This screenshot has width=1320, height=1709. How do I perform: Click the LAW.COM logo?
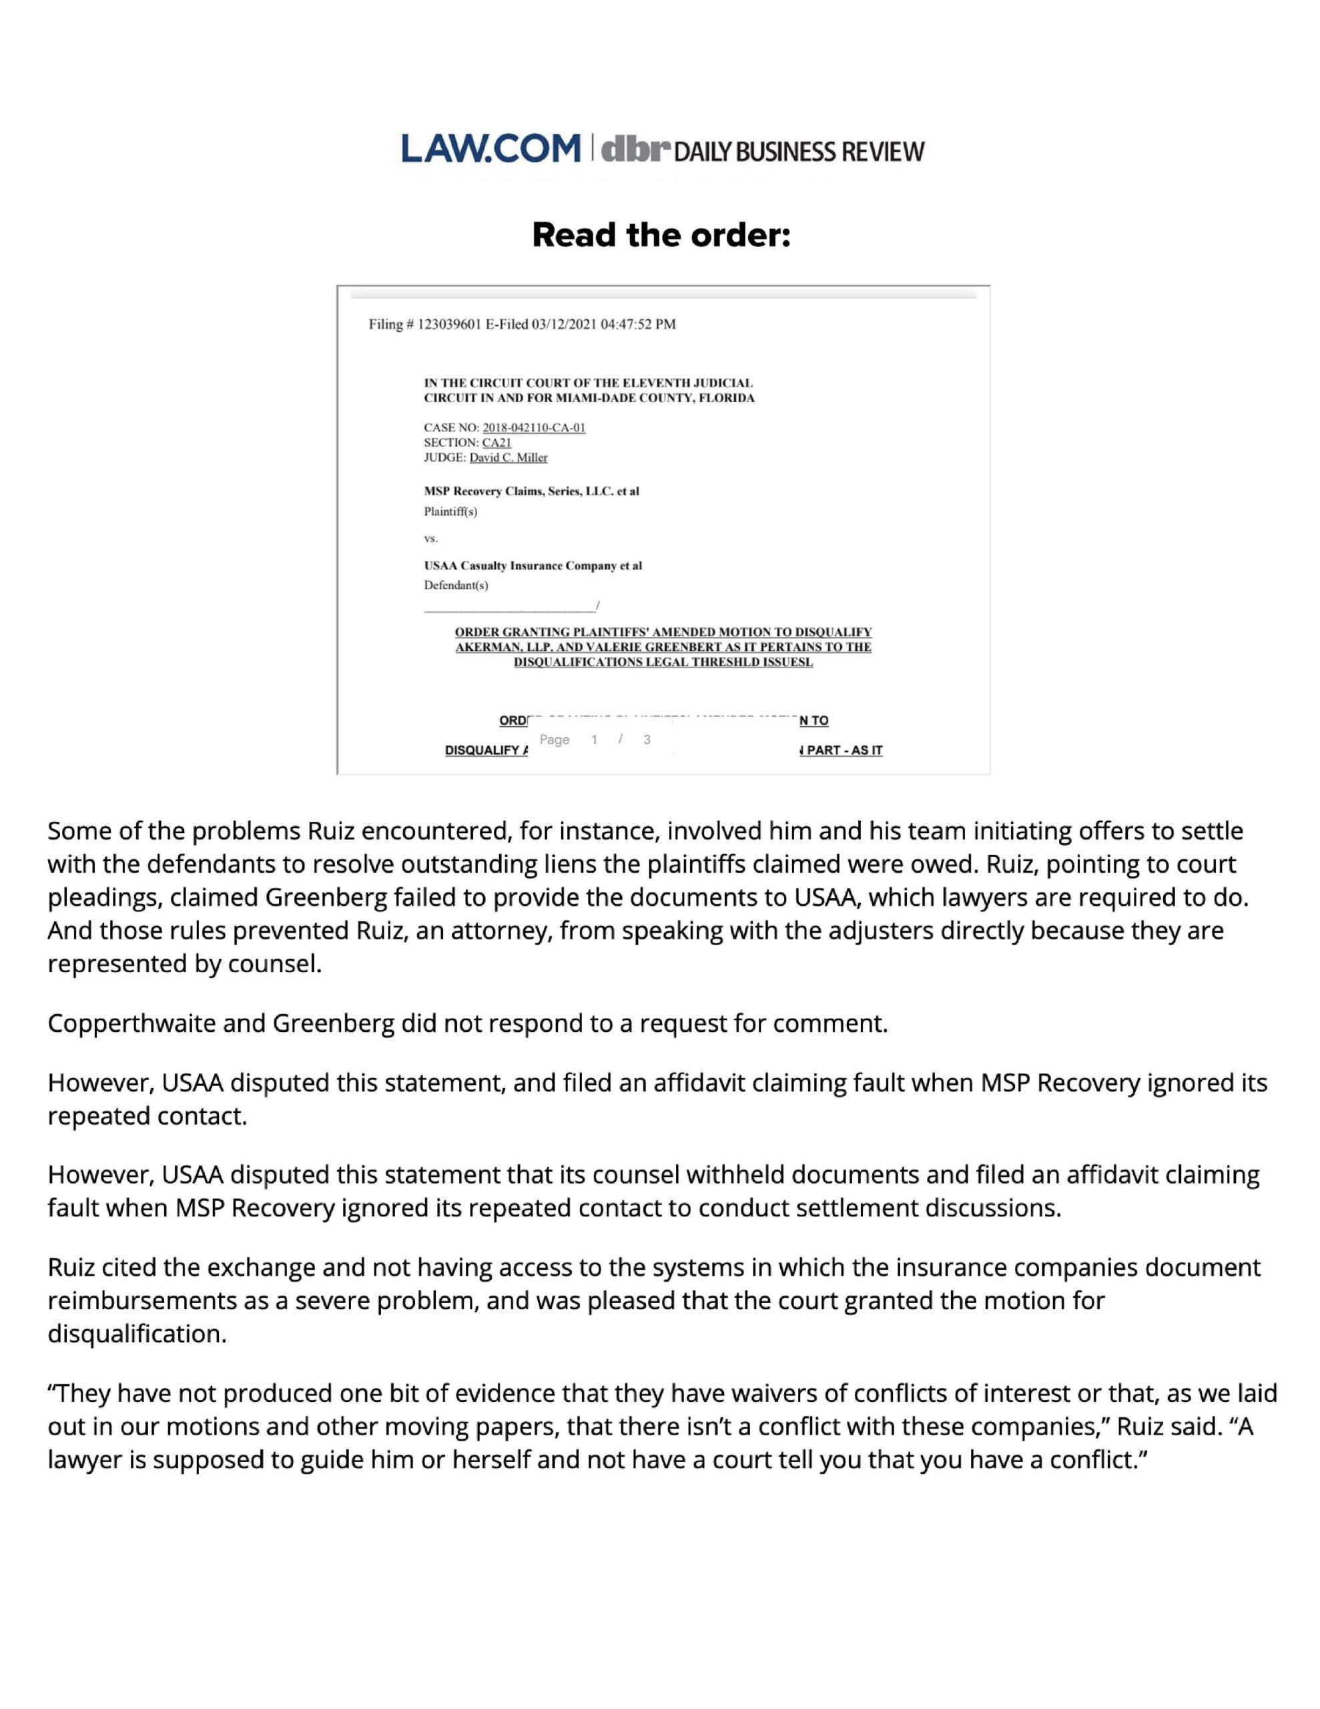click(x=490, y=149)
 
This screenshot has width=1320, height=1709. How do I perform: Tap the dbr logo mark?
click(x=636, y=149)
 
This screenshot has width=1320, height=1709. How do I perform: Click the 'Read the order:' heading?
click(x=661, y=235)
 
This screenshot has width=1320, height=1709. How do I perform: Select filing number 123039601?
click(x=450, y=324)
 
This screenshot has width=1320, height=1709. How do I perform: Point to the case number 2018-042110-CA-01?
click(x=534, y=427)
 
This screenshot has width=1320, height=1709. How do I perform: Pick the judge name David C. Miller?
click(x=508, y=457)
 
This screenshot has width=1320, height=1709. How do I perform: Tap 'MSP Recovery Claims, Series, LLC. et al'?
click(x=531, y=491)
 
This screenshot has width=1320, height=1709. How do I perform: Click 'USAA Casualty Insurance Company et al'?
click(x=533, y=565)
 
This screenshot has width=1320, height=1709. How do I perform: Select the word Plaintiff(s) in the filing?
click(x=450, y=512)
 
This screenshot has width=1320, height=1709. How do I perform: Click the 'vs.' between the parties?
click(x=430, y=538)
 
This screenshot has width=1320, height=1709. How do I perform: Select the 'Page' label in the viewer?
click(x=554, y=740)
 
